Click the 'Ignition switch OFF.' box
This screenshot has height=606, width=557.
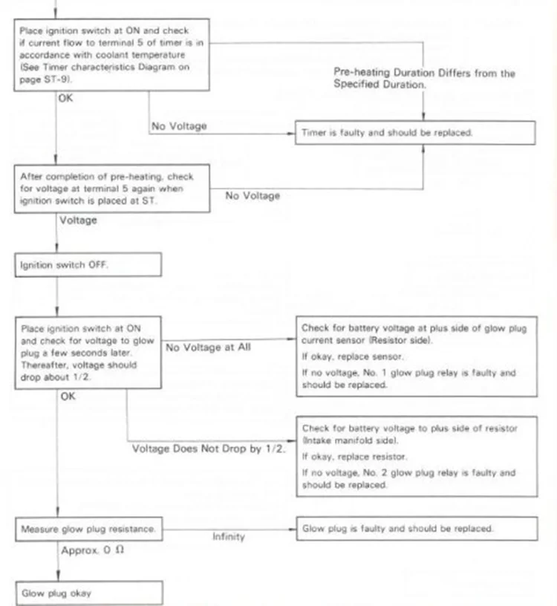pyautogui.click(x=88, y=265)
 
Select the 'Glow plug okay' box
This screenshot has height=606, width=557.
pyautogui.click(x=88, y=593)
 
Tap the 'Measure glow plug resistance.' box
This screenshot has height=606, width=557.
pyautogui.click(x=88, y=529)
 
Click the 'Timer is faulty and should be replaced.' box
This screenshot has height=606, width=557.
pyautogui.click(x=416, y=133)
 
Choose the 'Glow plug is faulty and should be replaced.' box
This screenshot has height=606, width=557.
pyautogui.click(x=416, y=529)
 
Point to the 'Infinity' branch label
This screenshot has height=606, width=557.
pyautogui.click(x=228, y=537)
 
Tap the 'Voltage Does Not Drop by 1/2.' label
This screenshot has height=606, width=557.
pyautogui.click(x=209, y=449)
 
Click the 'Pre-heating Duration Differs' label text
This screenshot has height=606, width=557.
pyautogui.click(x=424, y=74)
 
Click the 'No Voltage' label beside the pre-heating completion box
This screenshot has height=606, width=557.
pyautogui.click(x=253, y=196)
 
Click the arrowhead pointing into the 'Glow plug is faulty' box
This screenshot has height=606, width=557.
pyautogui.click(x=292, y=528)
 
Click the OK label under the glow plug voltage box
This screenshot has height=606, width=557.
pyautogui.click(x=68, y=397)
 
